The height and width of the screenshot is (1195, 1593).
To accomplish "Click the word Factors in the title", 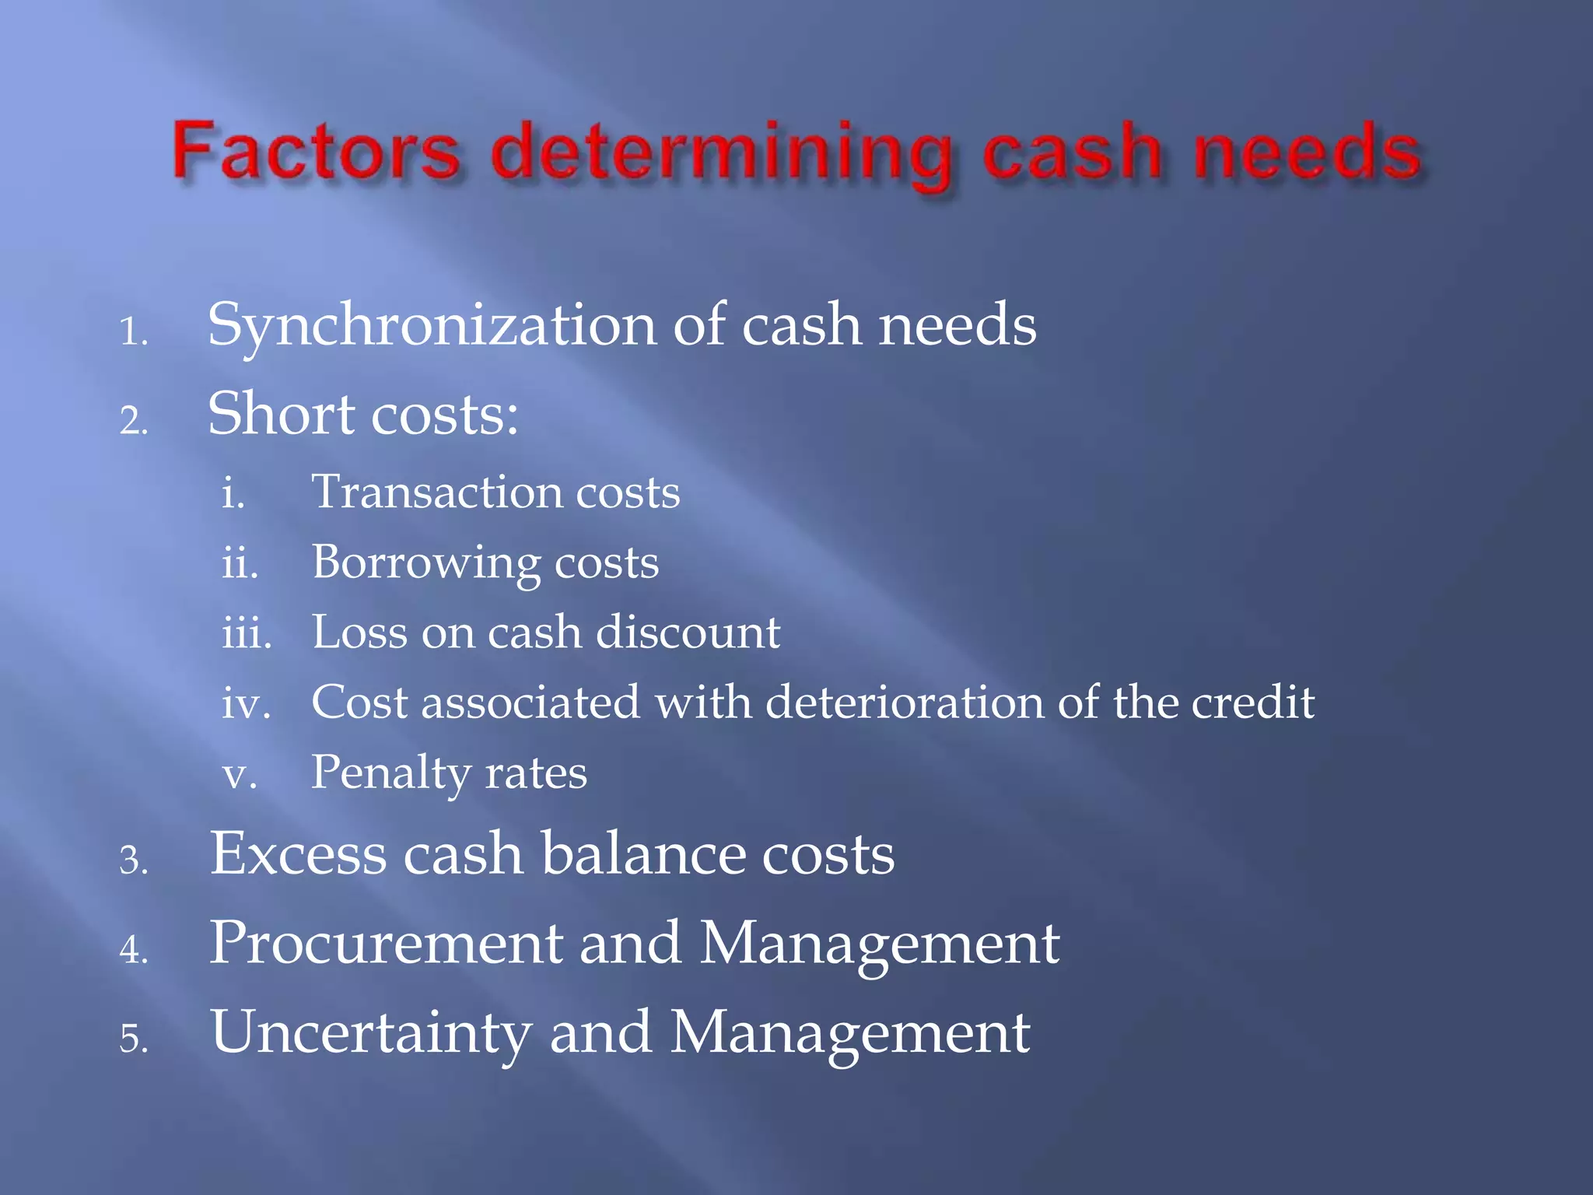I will (316, 151).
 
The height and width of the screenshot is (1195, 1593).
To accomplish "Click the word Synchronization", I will (432, 325).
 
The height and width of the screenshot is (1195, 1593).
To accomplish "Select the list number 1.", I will (133, 333).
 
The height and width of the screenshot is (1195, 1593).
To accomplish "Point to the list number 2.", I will (133, 422).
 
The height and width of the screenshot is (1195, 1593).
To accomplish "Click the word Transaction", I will (435, 492).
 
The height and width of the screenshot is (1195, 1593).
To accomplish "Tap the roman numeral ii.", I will (240, 562).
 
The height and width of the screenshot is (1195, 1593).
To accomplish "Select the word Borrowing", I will (425, 563).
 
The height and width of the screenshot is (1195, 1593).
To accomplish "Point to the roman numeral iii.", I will (247, 633).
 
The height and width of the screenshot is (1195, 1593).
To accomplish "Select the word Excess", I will (298, 854).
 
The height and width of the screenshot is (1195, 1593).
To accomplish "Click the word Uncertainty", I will (371, 1033).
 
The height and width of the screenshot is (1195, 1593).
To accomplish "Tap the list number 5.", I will (133, 1039).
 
